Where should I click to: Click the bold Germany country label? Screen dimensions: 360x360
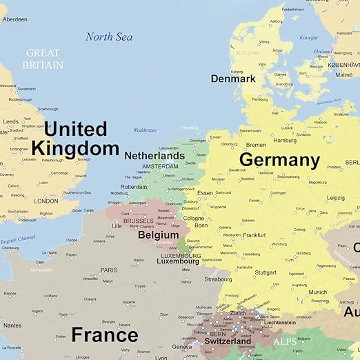(x=279, y=161)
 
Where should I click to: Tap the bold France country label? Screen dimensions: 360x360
(x=105, y=335)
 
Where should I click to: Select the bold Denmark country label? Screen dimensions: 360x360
(x=233, y=79)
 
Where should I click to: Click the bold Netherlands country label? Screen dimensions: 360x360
(x=154, y=156)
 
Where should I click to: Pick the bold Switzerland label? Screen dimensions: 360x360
(x=228, y=341)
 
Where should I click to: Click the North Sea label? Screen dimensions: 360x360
(x=109, y=37)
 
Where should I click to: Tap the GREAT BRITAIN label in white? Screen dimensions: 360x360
(x=42, y=59)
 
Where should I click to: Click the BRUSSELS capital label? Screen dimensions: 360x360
(x=139, y=221)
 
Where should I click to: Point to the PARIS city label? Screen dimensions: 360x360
(x=109, y=270)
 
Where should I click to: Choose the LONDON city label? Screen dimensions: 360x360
(x=46, y=201)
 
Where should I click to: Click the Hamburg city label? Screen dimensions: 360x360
(x=284, y=140)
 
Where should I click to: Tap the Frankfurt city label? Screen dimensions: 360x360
(x=254, y=235)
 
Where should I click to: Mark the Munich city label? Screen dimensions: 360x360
(x=318, y=292)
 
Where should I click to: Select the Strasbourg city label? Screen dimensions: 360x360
(x=218, y=279)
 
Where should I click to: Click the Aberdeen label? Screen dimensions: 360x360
(x=14, y=19)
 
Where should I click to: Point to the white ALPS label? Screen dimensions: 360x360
(x=285, y=341)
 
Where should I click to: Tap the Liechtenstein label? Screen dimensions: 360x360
(x=279, y=322)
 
